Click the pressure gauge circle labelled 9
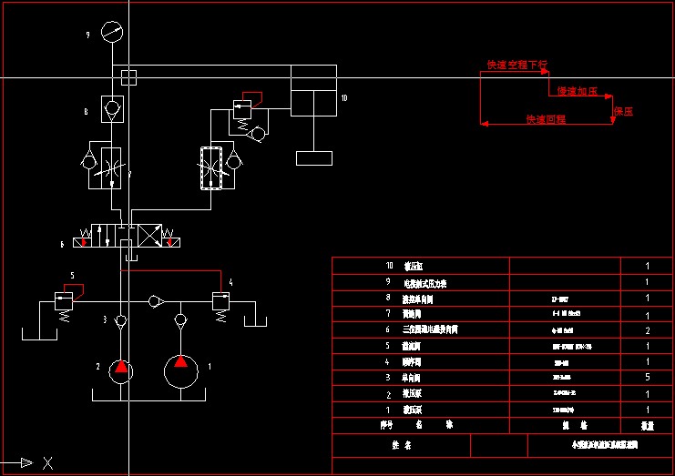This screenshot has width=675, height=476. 112,32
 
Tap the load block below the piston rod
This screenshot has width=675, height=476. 314,158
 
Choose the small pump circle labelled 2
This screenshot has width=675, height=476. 120,369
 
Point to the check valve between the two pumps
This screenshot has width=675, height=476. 156,300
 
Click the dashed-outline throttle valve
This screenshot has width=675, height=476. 211,167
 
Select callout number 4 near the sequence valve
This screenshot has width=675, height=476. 231,283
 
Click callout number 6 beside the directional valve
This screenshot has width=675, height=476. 62,244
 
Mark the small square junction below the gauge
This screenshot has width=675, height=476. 128,76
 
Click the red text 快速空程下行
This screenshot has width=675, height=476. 516,65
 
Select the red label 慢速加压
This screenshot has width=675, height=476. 576,92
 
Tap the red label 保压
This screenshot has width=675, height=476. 623,111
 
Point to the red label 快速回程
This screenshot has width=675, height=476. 545,119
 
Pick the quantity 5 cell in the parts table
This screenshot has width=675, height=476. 647,376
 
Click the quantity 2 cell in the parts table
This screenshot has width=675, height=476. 647,329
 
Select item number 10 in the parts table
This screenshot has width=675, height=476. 390,267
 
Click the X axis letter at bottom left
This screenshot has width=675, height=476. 47,463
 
